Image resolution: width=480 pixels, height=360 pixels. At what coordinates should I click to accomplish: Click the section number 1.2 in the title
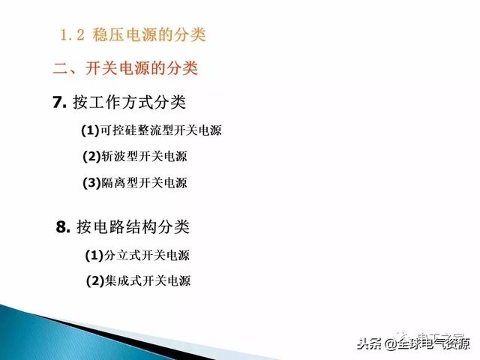tap(73, 34)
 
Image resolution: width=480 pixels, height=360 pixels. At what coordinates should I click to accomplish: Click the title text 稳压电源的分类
tap(149, 34)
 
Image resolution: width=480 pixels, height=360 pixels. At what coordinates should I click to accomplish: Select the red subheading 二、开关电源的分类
tap(125, 69)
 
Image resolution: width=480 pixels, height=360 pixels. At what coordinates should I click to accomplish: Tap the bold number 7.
tap(60, 103)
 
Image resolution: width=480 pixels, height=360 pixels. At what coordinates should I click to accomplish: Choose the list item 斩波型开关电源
tap(144, 157)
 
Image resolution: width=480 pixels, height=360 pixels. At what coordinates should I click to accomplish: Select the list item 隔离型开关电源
tap(144, 182)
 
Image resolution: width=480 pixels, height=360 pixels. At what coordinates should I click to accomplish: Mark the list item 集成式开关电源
tap(148, 281)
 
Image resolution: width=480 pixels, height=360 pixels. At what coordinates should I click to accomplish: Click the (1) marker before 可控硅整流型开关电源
tap(90, 130)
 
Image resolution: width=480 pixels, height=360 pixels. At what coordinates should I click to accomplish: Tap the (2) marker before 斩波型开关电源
tap(91, 157)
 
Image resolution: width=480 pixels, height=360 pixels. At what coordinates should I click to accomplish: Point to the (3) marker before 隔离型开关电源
tap(91, 182)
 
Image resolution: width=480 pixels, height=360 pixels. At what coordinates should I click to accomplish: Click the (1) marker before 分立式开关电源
tap(94, 255)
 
